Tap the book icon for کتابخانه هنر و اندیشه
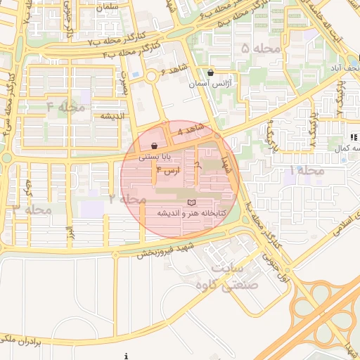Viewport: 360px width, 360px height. pos(191,202)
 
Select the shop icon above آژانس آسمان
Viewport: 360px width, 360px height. pos(211,72)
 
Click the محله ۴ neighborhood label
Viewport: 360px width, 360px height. pos(65,107)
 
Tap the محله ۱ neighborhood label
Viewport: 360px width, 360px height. pos(308,171)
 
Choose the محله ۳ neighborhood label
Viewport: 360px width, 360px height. pos(32,209)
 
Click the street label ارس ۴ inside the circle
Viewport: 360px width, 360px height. pos(168,171)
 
